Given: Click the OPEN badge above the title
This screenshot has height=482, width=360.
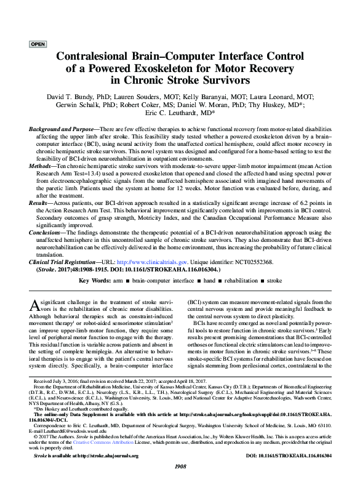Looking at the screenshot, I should [38, 45].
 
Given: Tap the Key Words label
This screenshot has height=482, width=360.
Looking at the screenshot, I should [95, 280].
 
